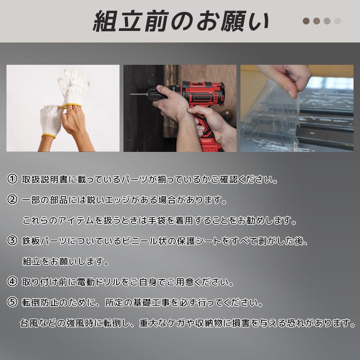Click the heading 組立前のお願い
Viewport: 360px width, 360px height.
[181, 21]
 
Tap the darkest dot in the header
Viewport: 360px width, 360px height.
[306, 21]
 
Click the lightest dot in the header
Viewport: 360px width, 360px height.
[337, 21]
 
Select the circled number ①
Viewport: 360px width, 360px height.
[12, 179]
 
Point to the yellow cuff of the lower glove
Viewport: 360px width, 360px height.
[48, 136]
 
